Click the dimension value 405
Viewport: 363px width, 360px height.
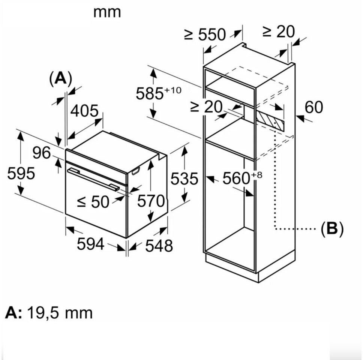pos(84,111)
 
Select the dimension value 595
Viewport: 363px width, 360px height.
pos(21,173)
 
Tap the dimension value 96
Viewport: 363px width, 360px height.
pos(41,153)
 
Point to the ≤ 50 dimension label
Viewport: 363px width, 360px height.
pos(93,202)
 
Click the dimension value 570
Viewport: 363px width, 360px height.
pos(151,201)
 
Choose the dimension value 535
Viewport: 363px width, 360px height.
pos(184,179)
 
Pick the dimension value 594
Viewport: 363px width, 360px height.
pos(90,244)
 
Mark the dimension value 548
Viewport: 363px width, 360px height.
pos(159,246)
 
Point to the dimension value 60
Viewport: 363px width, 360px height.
pos(313,107)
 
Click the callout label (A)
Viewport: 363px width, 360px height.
pos(60,78)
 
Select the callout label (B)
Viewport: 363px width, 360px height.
pos(332,228)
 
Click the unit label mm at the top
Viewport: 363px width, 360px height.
pos(107,12)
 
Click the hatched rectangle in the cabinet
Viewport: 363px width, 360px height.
pos(270,120)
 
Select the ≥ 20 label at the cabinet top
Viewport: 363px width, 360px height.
pos(279,32)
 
